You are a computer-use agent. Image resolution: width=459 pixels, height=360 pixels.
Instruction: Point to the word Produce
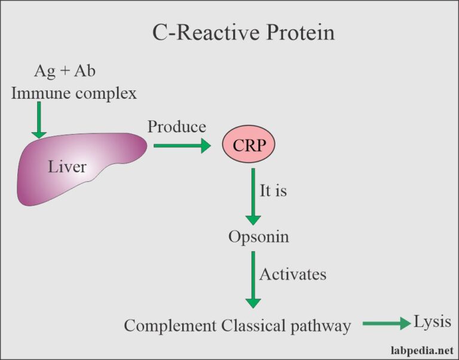click(x=176, y=127)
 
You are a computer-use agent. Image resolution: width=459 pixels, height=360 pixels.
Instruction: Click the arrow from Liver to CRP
click(x=182, y=145)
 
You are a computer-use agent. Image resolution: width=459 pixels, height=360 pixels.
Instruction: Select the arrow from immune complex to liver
click(x=39, y=120)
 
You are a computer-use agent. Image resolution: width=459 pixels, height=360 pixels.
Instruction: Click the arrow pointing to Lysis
click(x=385, y=324)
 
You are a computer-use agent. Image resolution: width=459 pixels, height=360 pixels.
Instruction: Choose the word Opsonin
click(x=258, y=237)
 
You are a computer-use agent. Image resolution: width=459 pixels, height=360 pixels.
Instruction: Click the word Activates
click(x=292, y=274)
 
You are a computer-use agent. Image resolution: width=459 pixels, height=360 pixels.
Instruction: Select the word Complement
click(x=170, y=326)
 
